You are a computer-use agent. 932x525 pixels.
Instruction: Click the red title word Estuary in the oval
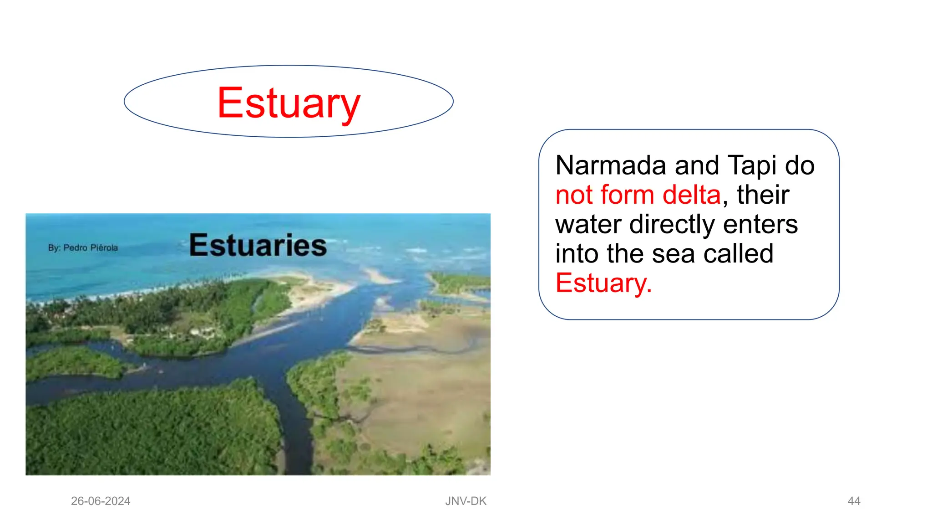(289, 103)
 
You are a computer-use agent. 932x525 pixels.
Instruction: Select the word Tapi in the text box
(752, 165)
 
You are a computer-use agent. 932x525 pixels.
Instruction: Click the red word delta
(692, 195)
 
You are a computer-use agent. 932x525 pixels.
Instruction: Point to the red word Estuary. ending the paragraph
(603, 283)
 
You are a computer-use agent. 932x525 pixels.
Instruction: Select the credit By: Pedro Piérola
(83, 248)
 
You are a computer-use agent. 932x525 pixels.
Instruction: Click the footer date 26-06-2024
(101, 501)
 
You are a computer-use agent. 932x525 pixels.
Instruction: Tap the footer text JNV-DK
(466, 501)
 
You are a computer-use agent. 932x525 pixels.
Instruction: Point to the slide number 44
(854, 501)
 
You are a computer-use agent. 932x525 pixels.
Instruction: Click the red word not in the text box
(574, 195)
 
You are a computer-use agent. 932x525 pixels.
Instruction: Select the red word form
(627, 195)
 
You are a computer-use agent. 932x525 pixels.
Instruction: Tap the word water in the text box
(588, 224)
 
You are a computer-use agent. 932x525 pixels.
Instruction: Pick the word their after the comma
(763, 195)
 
